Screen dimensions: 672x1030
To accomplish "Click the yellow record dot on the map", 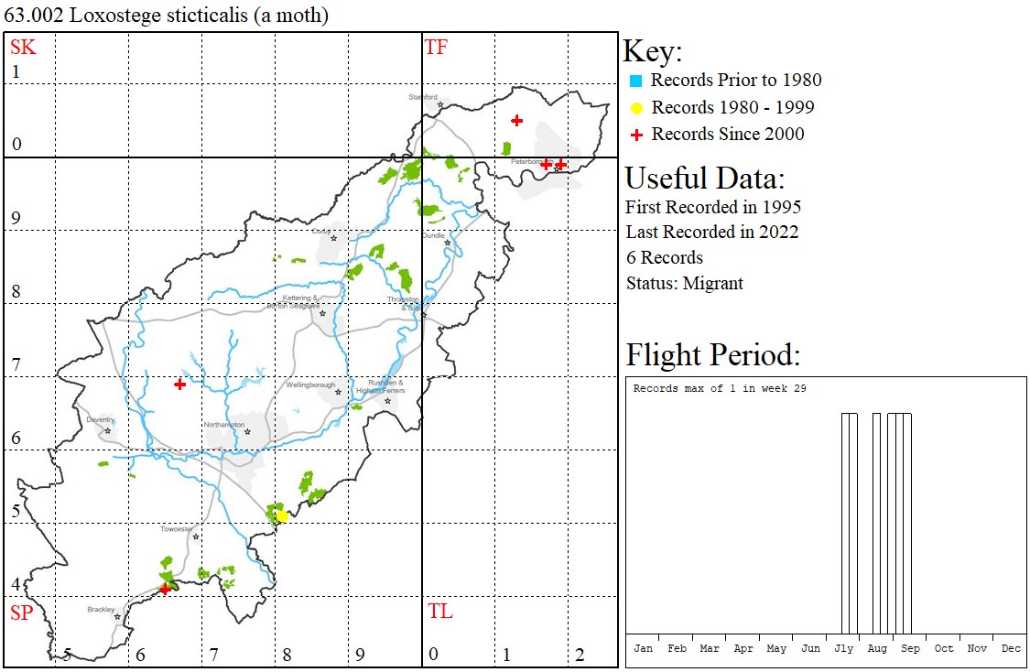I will pos(282,516).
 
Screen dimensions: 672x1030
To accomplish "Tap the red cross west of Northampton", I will pos(180,385).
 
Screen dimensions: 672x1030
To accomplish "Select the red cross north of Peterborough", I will pos(517,120).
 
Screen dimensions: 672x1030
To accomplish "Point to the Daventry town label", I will pos(100,420).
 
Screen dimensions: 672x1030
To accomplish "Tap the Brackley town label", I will pos(102,609).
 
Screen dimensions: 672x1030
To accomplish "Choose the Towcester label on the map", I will pos(178,529).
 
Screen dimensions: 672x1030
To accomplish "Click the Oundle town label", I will pos(433,235).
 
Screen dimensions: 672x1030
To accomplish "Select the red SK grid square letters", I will pos(23,48).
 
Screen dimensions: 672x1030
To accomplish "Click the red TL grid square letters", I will pos(439,612).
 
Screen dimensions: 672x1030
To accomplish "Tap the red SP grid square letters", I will pos(23,612).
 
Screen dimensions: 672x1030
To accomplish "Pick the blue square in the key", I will pos(636,81).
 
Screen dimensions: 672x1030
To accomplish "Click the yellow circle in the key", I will pos(636,108).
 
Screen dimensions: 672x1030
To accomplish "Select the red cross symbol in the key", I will pos(636,135).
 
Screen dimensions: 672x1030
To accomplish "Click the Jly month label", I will pos(843,648).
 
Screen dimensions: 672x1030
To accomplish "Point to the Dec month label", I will pos(1011,648).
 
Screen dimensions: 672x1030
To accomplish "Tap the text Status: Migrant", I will pos(684,283).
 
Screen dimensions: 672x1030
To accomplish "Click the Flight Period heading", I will pos(713,354).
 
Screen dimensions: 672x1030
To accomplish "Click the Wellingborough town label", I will pos(310,385).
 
